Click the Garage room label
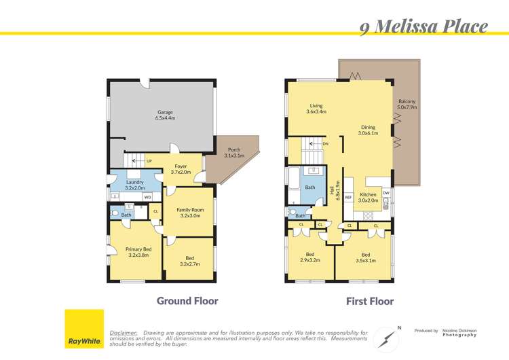[165, 115]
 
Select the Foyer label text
[181, 169]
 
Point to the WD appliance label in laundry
[147, 197]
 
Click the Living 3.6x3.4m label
[316, 109]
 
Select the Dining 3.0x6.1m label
[368, 130]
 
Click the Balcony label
[408, 103]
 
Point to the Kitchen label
[368, 197]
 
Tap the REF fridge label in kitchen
[348, 198]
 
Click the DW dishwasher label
[385, 193]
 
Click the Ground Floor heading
[187, 300]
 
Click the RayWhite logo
[84, 329]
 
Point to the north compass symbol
[388, 335]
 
